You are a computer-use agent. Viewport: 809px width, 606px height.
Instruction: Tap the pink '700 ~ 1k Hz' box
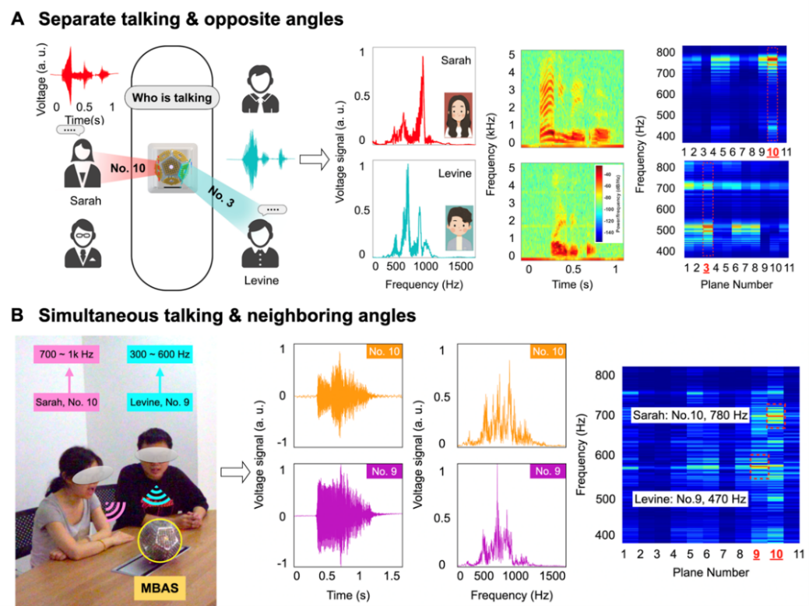[68, 356]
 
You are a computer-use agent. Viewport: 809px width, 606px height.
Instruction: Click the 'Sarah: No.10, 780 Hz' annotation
[688, 415]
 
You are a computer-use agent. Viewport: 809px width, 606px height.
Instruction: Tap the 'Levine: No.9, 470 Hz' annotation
[688, 500]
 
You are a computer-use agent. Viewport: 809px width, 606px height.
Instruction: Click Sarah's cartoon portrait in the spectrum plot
[458, 115]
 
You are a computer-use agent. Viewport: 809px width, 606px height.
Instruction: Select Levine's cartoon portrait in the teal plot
[459, 229]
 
